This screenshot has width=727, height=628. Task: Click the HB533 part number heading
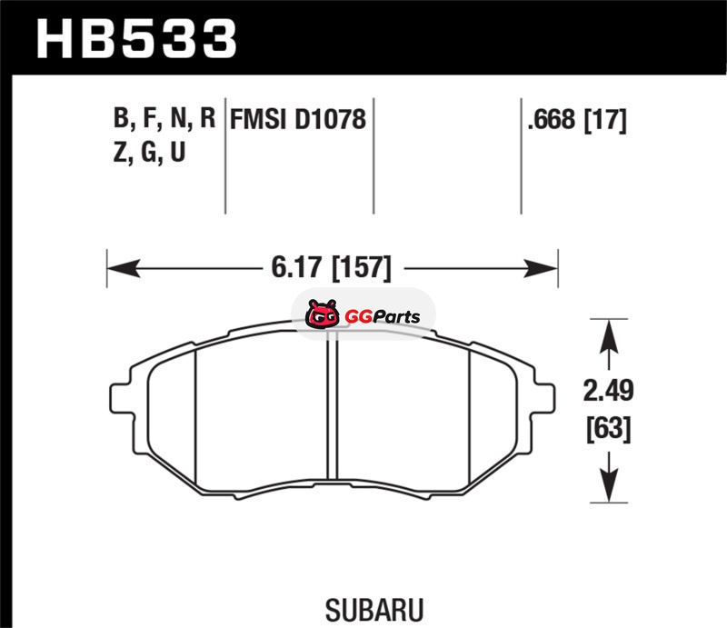click(137, 38)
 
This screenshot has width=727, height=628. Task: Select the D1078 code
click(330, 119)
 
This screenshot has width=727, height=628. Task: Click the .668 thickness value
click(552, 119)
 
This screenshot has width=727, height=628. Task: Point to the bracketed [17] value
click(605, 120)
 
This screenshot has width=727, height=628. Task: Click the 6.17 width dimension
click(296, 267)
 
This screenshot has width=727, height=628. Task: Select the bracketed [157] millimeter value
click(362, 268)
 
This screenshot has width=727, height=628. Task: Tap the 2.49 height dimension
click(608, 391)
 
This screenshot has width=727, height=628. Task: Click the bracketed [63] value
click(608, 429)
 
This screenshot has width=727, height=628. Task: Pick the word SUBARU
click(374, 611)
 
